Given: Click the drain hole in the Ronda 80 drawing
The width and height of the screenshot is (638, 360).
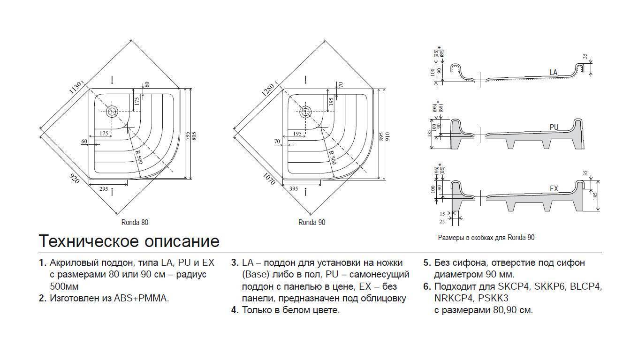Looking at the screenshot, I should click(x=112, y=112).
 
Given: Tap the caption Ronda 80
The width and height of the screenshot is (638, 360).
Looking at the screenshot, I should click(x=135, y=222).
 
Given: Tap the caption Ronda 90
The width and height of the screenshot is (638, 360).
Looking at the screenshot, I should click(x=311, y=222).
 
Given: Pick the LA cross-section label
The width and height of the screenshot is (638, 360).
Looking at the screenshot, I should click(x=553, y=73).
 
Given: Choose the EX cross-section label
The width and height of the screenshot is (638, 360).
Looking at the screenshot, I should click(x=554, y=188).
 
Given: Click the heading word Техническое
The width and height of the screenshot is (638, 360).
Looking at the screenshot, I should click(x=88, y=241).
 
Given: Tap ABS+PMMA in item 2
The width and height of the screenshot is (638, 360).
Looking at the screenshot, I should click(x=141, y=298).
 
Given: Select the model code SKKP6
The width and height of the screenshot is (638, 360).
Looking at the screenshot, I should click(x=550, y=286).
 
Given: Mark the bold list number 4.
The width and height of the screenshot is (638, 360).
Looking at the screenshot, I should click(x=235, y=310).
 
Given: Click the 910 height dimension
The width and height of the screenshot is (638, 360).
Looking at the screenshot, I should click(x=387, y=135).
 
